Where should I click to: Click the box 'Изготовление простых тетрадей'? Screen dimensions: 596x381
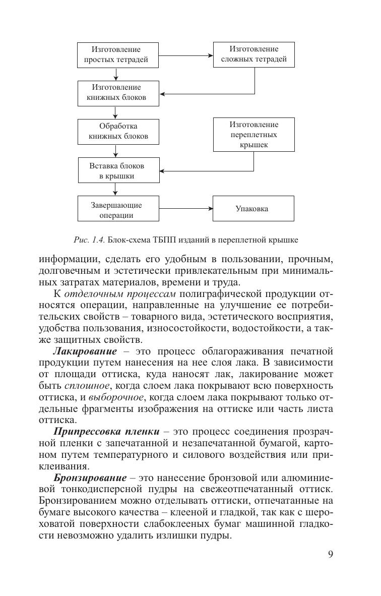click(x=116, y=55)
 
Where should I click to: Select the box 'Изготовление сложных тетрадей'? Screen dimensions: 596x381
click(x=253, y=54)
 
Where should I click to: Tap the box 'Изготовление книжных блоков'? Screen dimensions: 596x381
click(x=116, y=93)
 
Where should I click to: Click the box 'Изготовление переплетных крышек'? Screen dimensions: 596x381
click(x=253, y=135)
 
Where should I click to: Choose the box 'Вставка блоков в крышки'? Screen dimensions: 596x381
click(x=116, y=170)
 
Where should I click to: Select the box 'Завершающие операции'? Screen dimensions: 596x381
click(x=116, y=209)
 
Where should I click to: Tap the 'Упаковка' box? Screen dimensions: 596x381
click(x=253, y=209)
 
